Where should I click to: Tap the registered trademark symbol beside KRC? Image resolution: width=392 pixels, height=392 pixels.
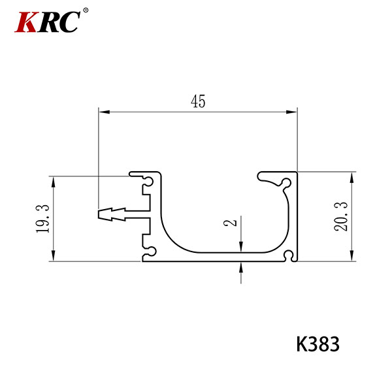[x=86, y=10]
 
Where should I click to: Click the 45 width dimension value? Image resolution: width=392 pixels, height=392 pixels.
[x=198, y=101]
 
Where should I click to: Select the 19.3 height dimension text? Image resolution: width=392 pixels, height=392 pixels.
[x=42, y=218]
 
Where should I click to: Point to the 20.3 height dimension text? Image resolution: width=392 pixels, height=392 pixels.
[x=341, y=216]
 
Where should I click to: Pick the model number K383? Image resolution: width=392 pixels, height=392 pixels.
[x=318, y=344]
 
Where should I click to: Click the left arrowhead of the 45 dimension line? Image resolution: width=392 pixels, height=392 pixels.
[x=105, y=112]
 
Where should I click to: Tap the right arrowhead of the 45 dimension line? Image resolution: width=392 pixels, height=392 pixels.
[x=291, y=112]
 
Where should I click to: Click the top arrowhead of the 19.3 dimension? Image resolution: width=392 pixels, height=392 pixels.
[x=53, y=182]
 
